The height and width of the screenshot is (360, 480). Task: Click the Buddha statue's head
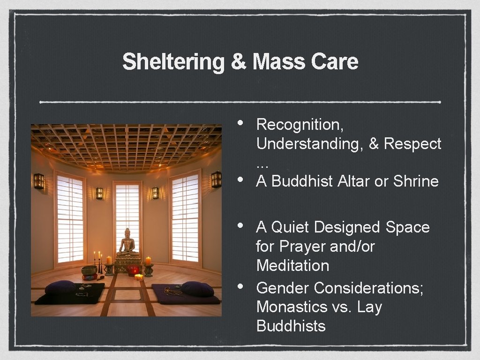point(127,233)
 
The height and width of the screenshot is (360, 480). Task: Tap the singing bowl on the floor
point(89,270)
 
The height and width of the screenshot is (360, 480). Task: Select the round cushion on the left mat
point(60,287)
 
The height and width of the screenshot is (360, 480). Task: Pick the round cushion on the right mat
point(197,288)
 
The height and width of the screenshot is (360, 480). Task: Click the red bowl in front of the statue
point(134,270)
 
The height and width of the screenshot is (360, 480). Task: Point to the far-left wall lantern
point(39,181)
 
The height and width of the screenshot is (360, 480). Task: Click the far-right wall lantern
point(216,179)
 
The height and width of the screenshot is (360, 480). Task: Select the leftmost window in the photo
point(70,218)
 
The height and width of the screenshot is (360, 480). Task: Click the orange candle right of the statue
point(148,261)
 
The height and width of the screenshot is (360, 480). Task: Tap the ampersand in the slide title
point(239,62)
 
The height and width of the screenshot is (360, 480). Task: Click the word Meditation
point(292,265)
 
